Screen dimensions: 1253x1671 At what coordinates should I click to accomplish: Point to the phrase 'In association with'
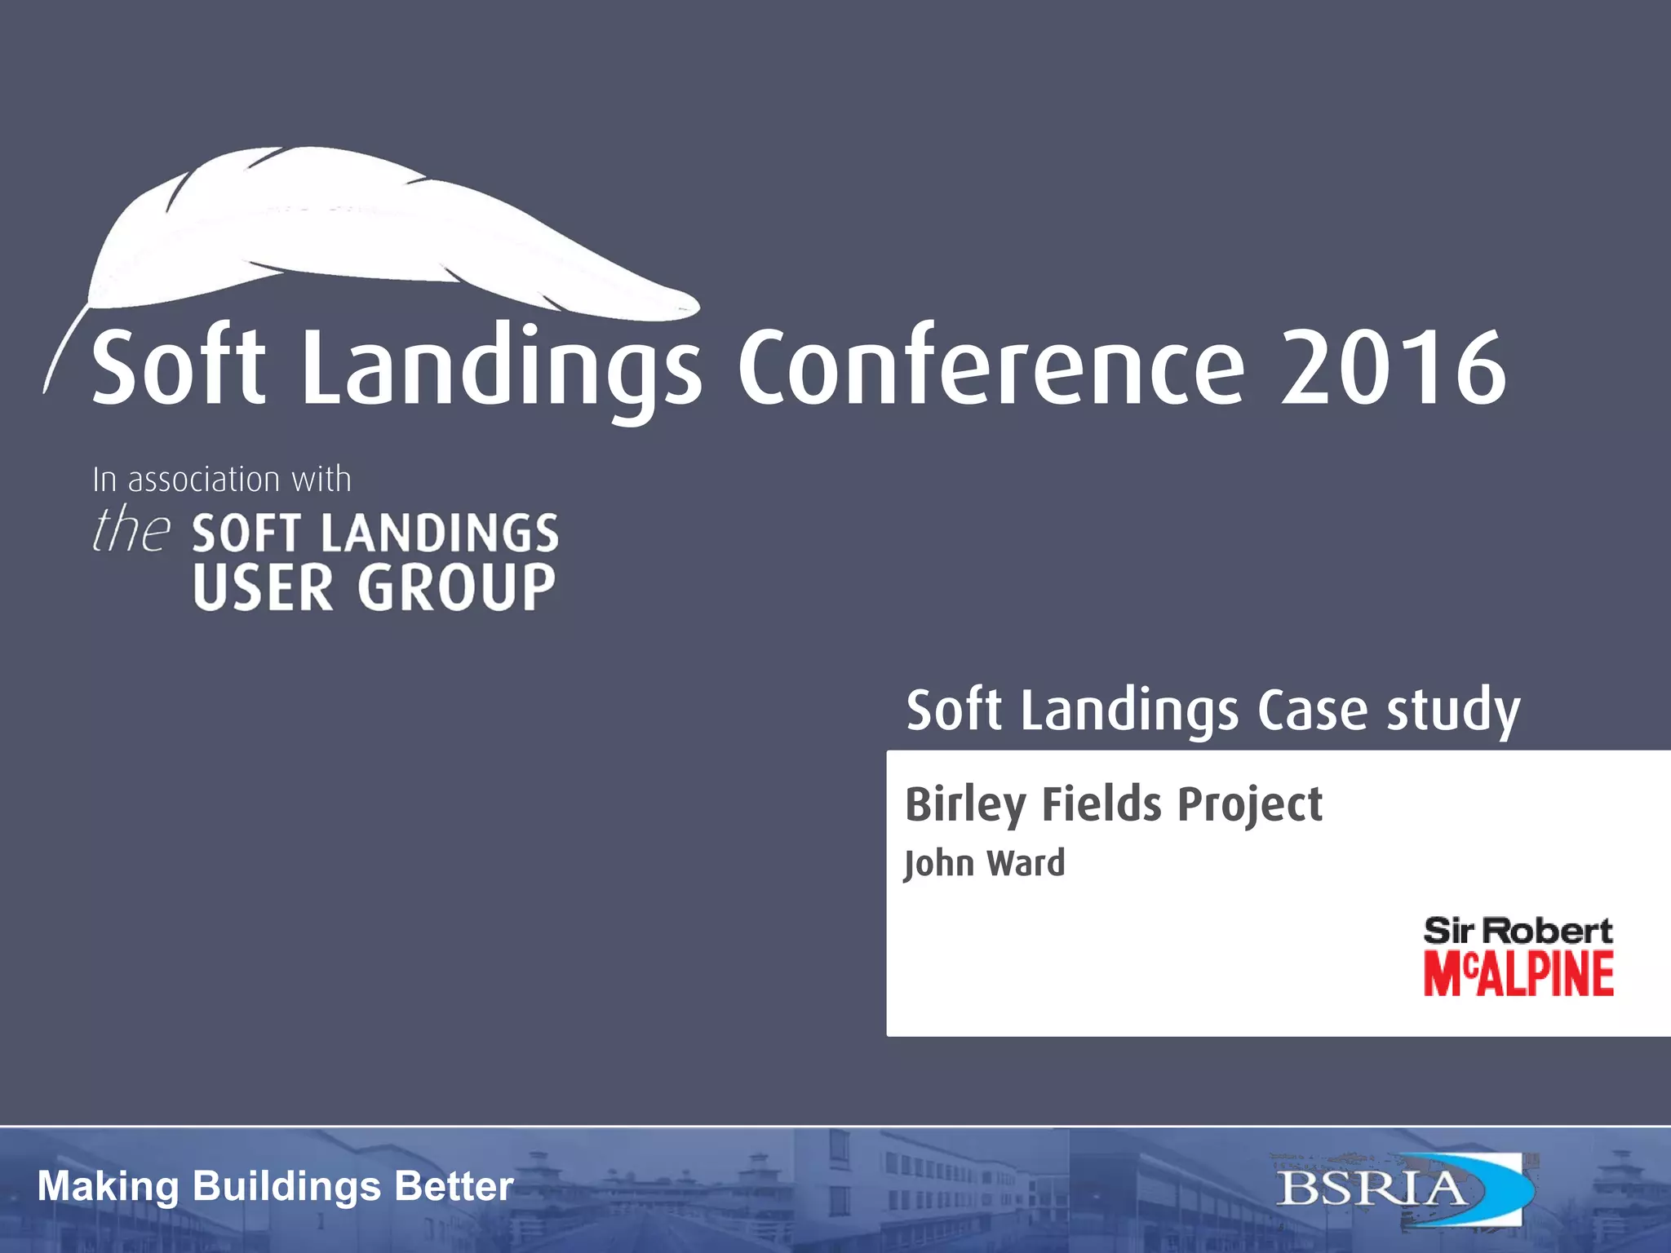[x=222, y=480]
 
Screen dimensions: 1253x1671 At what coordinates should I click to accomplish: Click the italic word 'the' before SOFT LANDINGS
[x=131, y=530]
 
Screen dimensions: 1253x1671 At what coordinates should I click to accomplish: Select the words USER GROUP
[x=375, y=587]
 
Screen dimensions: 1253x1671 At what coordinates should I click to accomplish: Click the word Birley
[x=964, y=805]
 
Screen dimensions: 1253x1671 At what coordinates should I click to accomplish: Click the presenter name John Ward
[x=985, y=864]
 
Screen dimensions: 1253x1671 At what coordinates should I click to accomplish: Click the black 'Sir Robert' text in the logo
[x=1518, y=931]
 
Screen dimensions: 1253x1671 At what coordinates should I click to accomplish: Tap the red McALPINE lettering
[x=1518, y=974]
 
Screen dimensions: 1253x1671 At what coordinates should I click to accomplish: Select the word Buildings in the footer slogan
[x=286, y=1187]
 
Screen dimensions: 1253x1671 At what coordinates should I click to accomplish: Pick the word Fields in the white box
[x=1101, y=805]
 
